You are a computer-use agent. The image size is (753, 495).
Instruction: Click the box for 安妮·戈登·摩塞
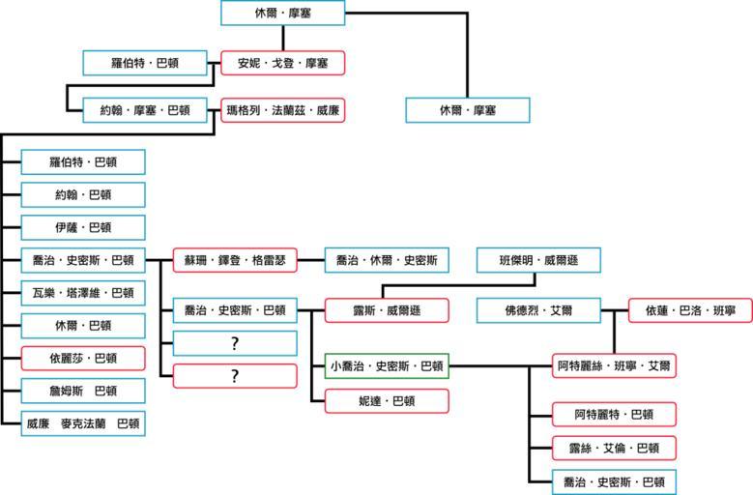[x=282, y=64]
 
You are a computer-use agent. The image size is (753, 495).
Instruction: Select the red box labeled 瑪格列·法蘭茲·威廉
[x=282, y=110]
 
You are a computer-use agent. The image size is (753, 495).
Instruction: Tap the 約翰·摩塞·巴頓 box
[x=144, y=110]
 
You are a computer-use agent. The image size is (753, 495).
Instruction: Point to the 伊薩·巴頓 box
[x=83, y=227]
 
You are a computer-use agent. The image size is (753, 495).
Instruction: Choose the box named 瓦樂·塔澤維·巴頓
[x=83, y=292]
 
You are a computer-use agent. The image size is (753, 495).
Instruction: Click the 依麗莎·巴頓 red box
[x=83, y=358]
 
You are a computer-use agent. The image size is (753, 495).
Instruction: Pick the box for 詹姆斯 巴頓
[x=83, y=390]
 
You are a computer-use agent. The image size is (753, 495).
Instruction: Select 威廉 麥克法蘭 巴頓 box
[x=83, y=422]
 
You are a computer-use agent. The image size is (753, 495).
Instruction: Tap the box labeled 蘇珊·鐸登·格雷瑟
[x=235, y=259]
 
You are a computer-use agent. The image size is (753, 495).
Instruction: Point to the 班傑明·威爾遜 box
[x=539, y=259]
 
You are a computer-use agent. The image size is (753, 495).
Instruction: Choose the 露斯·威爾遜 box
[x=387, y=310]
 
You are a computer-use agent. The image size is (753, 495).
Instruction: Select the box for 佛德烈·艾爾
[x=538, y=310]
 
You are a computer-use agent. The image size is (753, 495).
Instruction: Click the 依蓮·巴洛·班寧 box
[x=690, y=310]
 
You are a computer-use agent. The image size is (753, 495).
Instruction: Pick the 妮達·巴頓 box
[x=387, y=399]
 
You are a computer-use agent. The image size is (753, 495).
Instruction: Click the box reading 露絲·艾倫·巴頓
[x=614, y=448]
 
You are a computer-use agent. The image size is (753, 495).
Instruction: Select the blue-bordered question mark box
[x=235, y=343]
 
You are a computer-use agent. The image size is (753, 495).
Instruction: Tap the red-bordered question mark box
[x=235, y=376]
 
